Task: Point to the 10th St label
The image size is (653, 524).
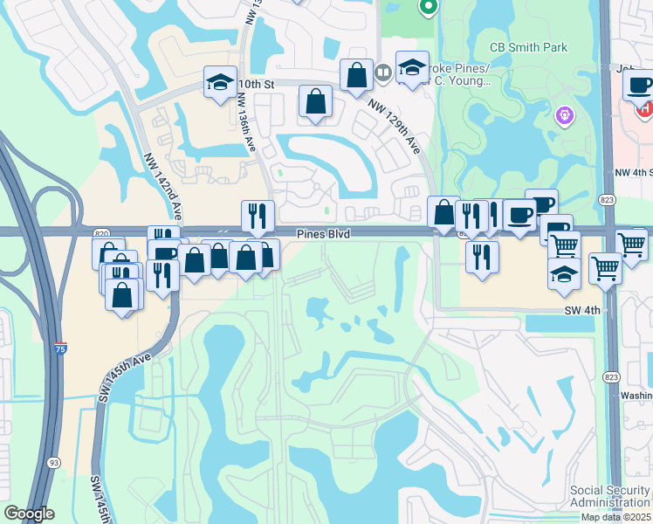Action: [257, 84]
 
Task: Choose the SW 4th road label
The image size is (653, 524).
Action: [582, 310]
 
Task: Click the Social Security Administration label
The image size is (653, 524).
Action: [610, 496]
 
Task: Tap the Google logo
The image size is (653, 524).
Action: [29, 514]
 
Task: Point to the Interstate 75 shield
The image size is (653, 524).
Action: [59, 348]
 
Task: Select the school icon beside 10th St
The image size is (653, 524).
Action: [219, 84]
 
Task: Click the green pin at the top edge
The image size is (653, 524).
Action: [428, 8]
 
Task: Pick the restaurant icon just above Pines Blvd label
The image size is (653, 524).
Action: [258, 216]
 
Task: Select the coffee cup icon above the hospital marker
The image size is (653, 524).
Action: [639, 86]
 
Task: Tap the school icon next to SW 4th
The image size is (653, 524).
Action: [564, 273]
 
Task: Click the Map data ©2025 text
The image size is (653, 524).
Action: [616, 517]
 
